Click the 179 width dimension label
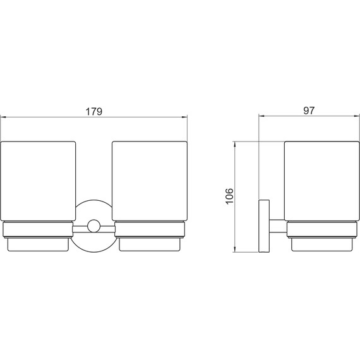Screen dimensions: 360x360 click(x=93, y=112)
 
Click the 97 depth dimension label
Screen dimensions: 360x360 click(x=309, y=111)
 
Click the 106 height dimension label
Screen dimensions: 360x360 click(x=229, y=196)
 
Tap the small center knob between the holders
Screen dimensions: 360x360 click(x=93, y=225)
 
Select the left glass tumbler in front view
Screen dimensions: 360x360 click(x=38, y=181)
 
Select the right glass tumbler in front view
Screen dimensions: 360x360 click(x=150, y=181)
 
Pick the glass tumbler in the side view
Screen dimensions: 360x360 click(x=322, y=181)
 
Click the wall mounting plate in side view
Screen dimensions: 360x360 click(x=264, y=226)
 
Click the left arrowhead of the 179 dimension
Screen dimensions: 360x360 click(x=3, y=117)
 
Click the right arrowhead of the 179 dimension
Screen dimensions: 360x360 click(x=184, y=117)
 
